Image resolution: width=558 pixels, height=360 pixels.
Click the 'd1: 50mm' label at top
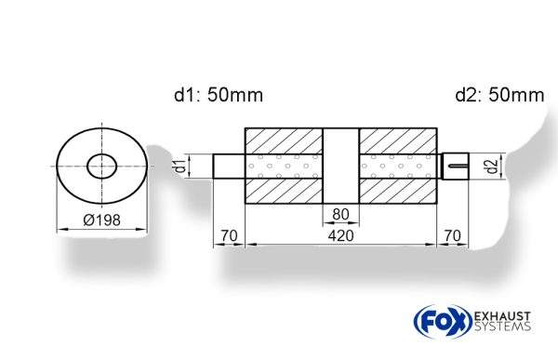tap(218, 95)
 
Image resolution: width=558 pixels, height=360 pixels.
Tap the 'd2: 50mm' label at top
tap(499, 95)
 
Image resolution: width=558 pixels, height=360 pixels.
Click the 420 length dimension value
tap(340, 236)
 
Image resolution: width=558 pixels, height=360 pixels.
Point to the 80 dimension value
tap(340, 215)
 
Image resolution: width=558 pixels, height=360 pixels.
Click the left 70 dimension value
tap(228, 236)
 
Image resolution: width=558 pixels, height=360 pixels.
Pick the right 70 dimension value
tap(453, 236)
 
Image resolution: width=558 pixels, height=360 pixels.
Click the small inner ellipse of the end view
tap(101, 167)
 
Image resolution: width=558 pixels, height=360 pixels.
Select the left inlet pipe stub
tap(229, 167)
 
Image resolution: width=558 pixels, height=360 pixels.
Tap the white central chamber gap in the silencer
tap(340, 167)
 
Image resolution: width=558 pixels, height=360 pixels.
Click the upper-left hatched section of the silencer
tap(284, 140)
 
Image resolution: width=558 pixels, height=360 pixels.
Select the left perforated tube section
tap(284, 167)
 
